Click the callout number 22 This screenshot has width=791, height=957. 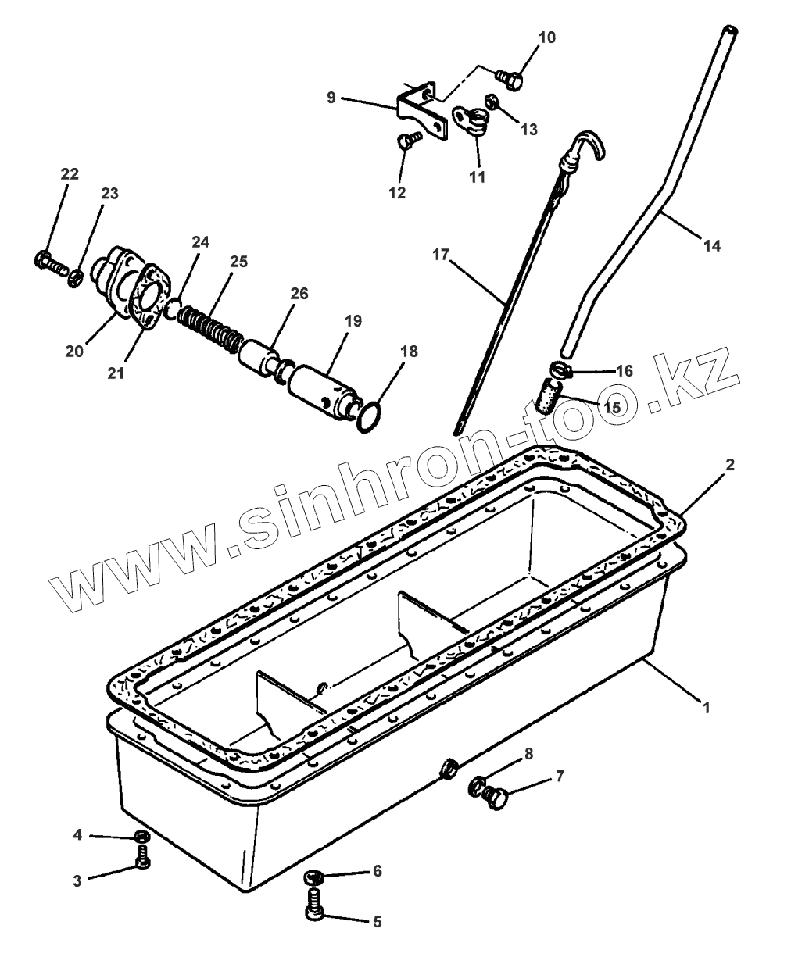70,174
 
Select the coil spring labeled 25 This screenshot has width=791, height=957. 209,326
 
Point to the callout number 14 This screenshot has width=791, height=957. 711,245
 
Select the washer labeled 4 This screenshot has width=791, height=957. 141,837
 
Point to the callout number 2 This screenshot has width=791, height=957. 729,465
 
